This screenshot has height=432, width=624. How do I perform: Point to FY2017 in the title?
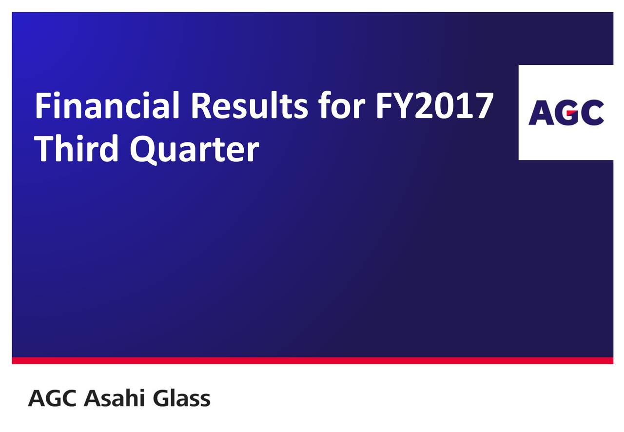(x=434, y=105)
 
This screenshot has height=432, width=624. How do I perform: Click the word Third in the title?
(x=76, y=147)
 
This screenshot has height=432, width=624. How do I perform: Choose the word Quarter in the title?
(x=195, y=149)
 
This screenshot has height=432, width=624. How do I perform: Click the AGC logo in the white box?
(x=566, y=112)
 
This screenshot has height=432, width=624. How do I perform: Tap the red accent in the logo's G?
(x=572, y=112)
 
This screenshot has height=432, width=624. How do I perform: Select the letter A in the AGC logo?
(x=541, y=112)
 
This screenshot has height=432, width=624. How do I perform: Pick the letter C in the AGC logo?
(x=592, y=112)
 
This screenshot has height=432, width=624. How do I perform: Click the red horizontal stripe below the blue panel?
(x=312, y=360)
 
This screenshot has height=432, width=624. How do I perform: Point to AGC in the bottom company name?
(x=52, y=398)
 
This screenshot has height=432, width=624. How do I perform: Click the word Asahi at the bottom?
(x=115, y=397)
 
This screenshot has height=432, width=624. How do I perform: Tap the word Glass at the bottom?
(x=182, y=397)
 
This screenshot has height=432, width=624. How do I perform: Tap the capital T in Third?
(x=44, y=148)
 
